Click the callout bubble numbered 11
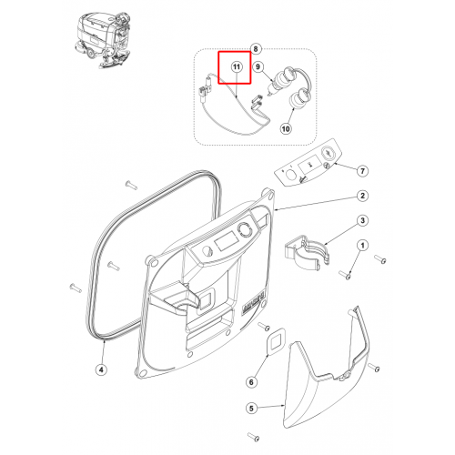point(237,66)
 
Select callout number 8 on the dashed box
point(256,49)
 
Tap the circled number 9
point(258,66)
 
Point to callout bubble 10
point(286,129)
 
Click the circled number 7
point(362,171)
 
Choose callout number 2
point(362,196)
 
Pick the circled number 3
point(362,220)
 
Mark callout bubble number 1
point(362,246)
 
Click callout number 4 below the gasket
point(101,369)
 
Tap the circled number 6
point(251,382)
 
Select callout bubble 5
point(251,409)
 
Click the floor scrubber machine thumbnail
point(103,39)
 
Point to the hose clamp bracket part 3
point(307,252)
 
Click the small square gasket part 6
point(276,341)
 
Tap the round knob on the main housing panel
point(245,230)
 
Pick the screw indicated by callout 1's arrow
point(345,276)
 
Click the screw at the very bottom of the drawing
point(254,437)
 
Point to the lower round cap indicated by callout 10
point(298,99)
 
